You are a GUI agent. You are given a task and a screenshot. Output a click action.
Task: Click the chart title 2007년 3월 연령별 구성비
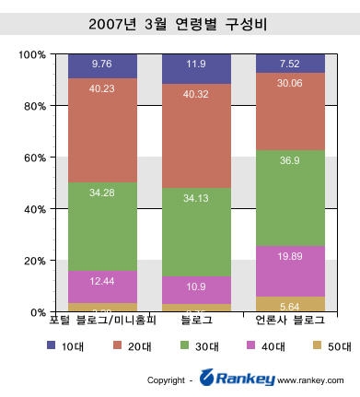click(x=180, y=21)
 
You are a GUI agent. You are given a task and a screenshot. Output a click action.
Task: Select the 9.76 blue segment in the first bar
click(x=102, y=65)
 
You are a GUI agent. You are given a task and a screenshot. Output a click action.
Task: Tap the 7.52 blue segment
click(x=290, y=63)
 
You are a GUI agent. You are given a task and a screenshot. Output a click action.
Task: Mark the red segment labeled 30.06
click(x=290, y=111)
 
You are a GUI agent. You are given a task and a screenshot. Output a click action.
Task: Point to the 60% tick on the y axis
click(x=33, y=158)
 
